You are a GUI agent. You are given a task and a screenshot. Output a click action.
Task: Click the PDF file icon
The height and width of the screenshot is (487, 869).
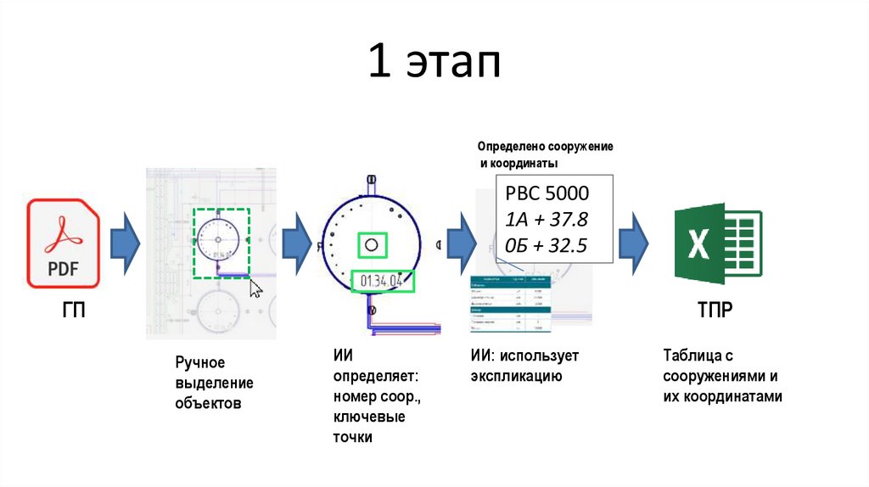click(63, 243)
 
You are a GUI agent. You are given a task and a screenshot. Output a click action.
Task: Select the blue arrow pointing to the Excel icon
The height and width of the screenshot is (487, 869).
click(634, 243)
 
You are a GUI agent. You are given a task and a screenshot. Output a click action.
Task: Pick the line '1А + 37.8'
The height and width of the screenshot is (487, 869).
click(546, 220)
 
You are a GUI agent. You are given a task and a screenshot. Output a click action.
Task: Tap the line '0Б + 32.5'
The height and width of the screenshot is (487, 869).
click(546, 247)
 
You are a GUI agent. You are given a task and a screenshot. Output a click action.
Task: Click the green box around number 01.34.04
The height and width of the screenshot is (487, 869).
click(383, 281)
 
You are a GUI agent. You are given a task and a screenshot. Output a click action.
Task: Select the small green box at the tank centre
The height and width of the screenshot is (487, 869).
click(371, 245)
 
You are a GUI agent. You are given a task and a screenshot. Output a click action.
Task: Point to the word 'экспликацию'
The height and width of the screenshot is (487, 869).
click(516, 375)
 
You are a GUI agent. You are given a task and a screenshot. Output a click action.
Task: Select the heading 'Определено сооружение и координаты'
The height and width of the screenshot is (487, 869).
click(544, 154)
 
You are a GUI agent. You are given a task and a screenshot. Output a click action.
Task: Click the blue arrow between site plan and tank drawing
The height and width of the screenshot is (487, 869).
click(296, 243)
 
